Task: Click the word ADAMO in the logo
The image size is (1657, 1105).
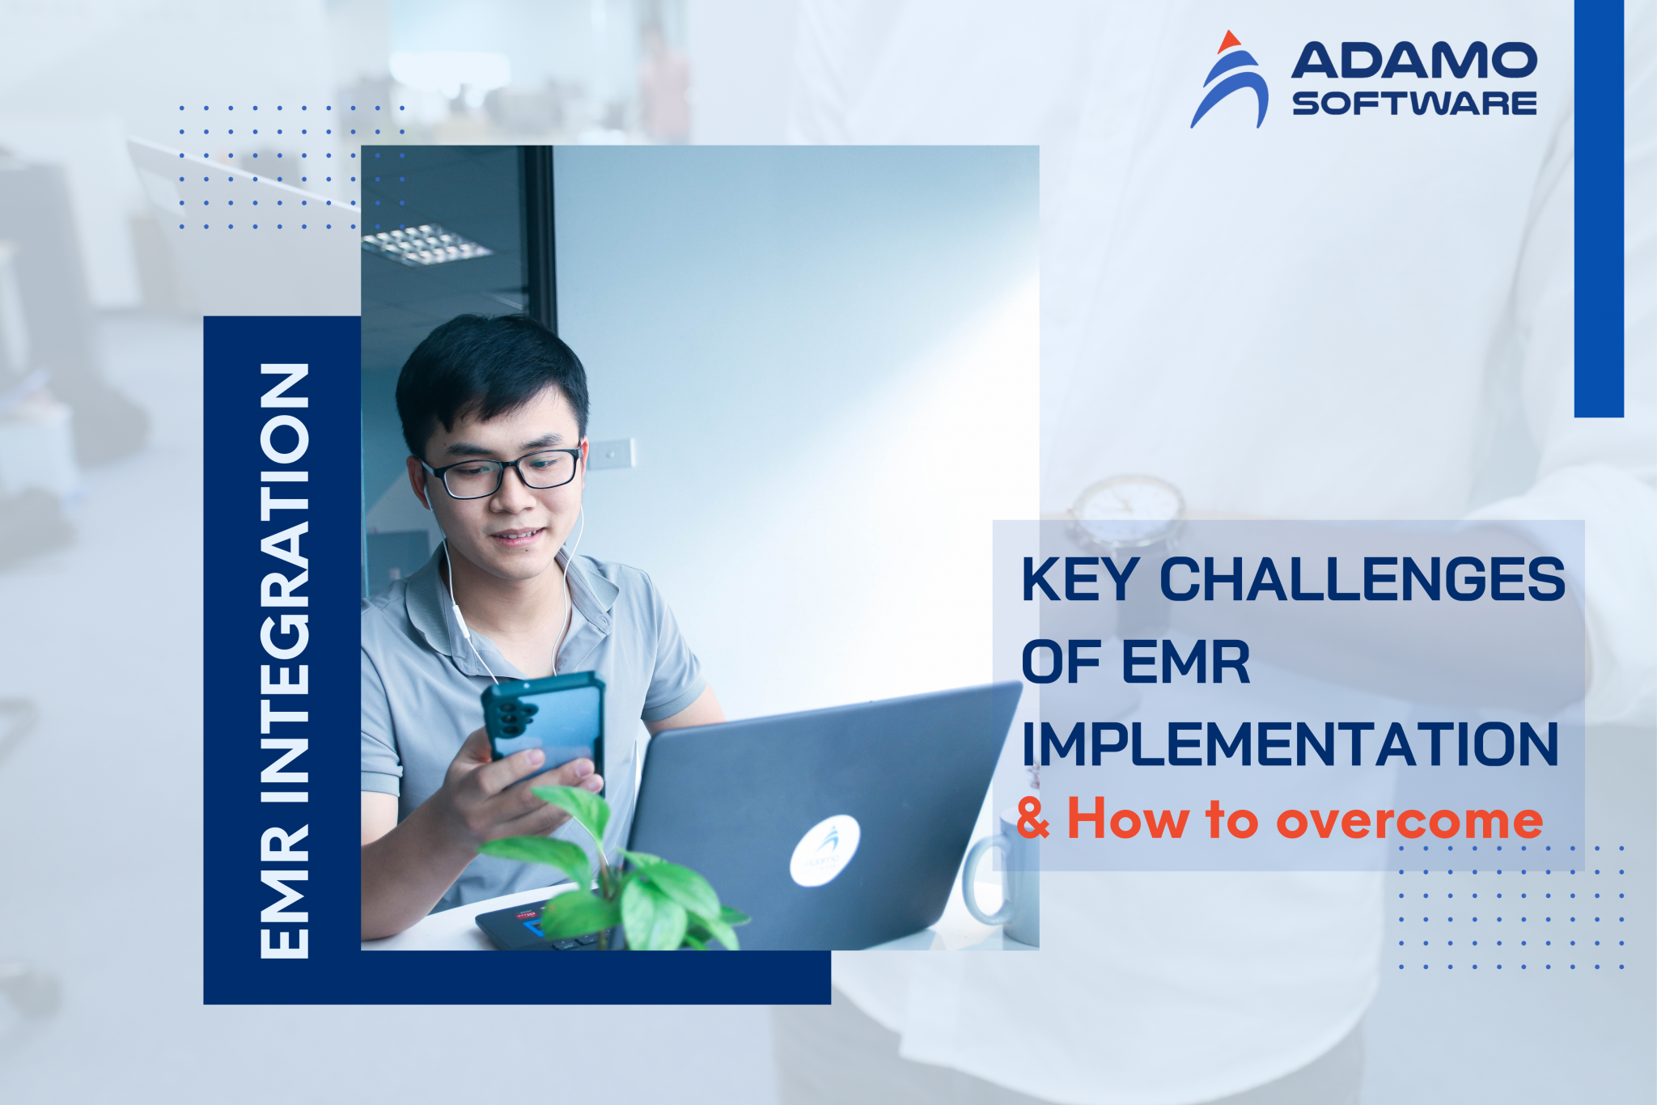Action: (x=1413, y=61)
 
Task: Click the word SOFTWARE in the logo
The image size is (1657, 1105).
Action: (x=1413, y=104)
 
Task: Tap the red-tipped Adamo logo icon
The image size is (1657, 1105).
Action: (x=1230, y=81)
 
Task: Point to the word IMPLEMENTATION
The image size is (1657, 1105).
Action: (x=1290, y=744)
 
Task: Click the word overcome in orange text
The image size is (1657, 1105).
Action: (x=1409, y=820)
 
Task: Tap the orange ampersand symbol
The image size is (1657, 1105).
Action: (x=1033, y=819)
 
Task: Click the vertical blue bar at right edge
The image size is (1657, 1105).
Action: (x=1599, y=208)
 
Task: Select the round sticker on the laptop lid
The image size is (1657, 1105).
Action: (x=824, y=849)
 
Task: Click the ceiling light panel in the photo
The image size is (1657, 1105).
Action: (x=425, y=243)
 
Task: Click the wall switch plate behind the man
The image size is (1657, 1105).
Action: (x=611, y=454)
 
